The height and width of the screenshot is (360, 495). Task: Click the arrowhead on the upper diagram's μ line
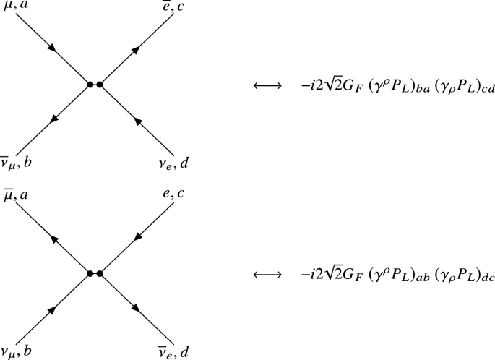53,48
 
